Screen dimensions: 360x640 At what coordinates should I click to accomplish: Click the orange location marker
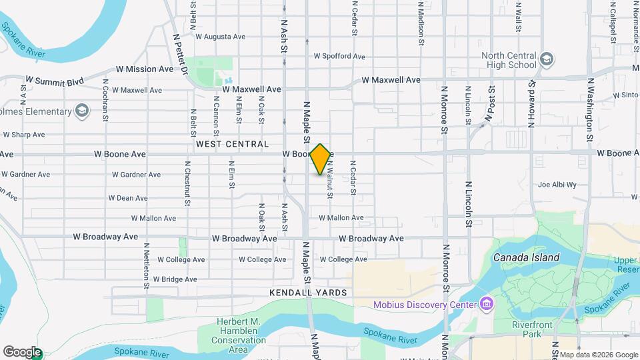pyautogui.click(x=321, y=159)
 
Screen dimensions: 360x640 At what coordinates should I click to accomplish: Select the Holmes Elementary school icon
pyautogui.click(x=82, y=111)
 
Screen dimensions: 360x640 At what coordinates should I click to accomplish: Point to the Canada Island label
pyautogui.click(x=526, y=257)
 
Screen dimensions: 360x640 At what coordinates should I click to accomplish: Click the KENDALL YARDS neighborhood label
pyautogui.click(x=309, y=293)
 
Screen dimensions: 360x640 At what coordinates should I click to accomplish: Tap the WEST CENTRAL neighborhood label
pyautogui.click(x=232, y=144)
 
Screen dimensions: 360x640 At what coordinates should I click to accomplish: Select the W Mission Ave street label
pyautogui.click(x=145, y=69)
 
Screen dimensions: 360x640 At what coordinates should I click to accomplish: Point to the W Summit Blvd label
pyautogui.click(x=57, y=82)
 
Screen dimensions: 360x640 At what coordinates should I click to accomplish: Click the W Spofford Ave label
pyautogui.click(x=339, y=57)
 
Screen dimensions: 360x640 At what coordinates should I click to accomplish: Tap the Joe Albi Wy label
pyautogui.click(x=557, y=185)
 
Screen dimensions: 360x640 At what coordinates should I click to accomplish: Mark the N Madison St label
pyautogui.click(x=421, y=23)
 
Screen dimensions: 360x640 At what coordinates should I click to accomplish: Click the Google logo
pyautogui.click(x=22, y=352)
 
